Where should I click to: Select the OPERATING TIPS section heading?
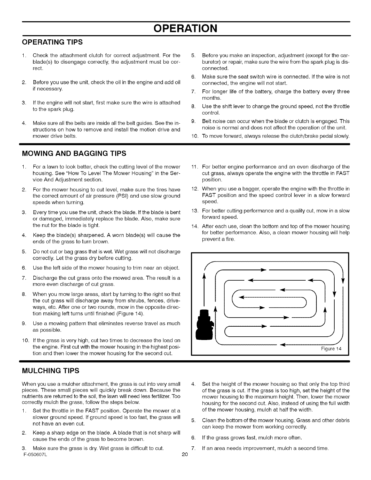[52, 42]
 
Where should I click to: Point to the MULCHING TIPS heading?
[51, 371]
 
